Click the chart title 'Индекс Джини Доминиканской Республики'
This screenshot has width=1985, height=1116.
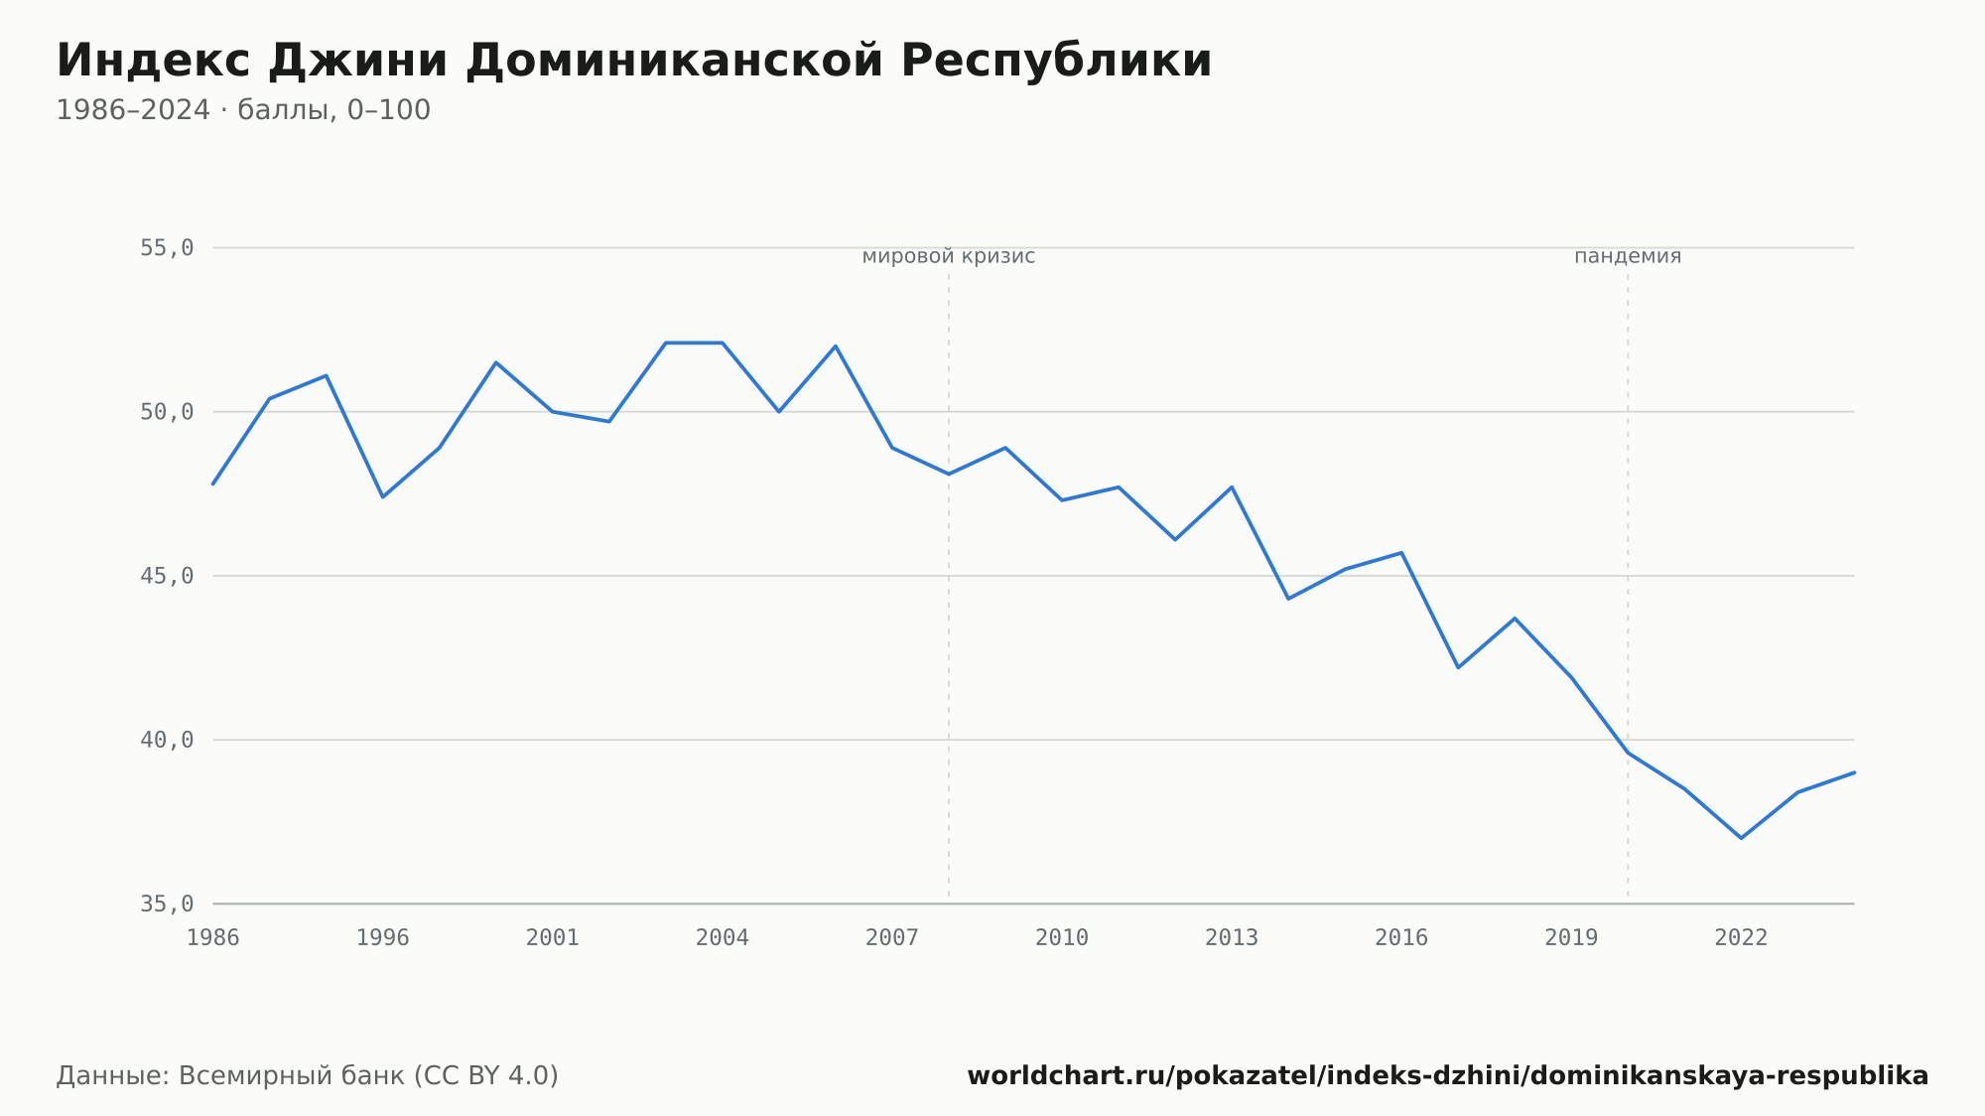click(634, 62)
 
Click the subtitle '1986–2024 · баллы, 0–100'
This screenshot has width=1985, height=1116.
click(243, 110)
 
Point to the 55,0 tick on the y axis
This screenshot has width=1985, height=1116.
click(167, 248)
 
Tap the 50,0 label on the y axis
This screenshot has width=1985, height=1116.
click(167, 412)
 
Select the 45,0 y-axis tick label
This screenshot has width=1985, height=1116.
click(167, 576)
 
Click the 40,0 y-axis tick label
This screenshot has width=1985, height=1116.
click(167, 740)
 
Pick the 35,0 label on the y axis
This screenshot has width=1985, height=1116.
click(167, 904)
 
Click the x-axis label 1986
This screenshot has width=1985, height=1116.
click(213, 938)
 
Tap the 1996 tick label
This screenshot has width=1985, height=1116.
click(383, 938)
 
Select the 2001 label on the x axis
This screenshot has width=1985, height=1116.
click(553, 938)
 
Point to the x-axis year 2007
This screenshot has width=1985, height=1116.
click(892, 938)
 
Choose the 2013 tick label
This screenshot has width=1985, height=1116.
click(1232, 938)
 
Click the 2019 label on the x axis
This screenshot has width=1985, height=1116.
click(1571, 938)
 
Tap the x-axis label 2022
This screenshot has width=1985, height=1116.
click(1741, 938)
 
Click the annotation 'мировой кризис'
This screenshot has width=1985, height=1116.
click(949, 257)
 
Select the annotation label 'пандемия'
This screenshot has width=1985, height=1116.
click(1628, 257)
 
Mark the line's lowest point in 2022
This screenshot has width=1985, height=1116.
click(1741, 838)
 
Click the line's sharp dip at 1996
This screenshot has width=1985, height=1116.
click(383, 496)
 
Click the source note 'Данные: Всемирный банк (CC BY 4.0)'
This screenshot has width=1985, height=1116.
click(308, 1076)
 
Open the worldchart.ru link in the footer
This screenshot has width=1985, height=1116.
click(1448, 1076)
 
